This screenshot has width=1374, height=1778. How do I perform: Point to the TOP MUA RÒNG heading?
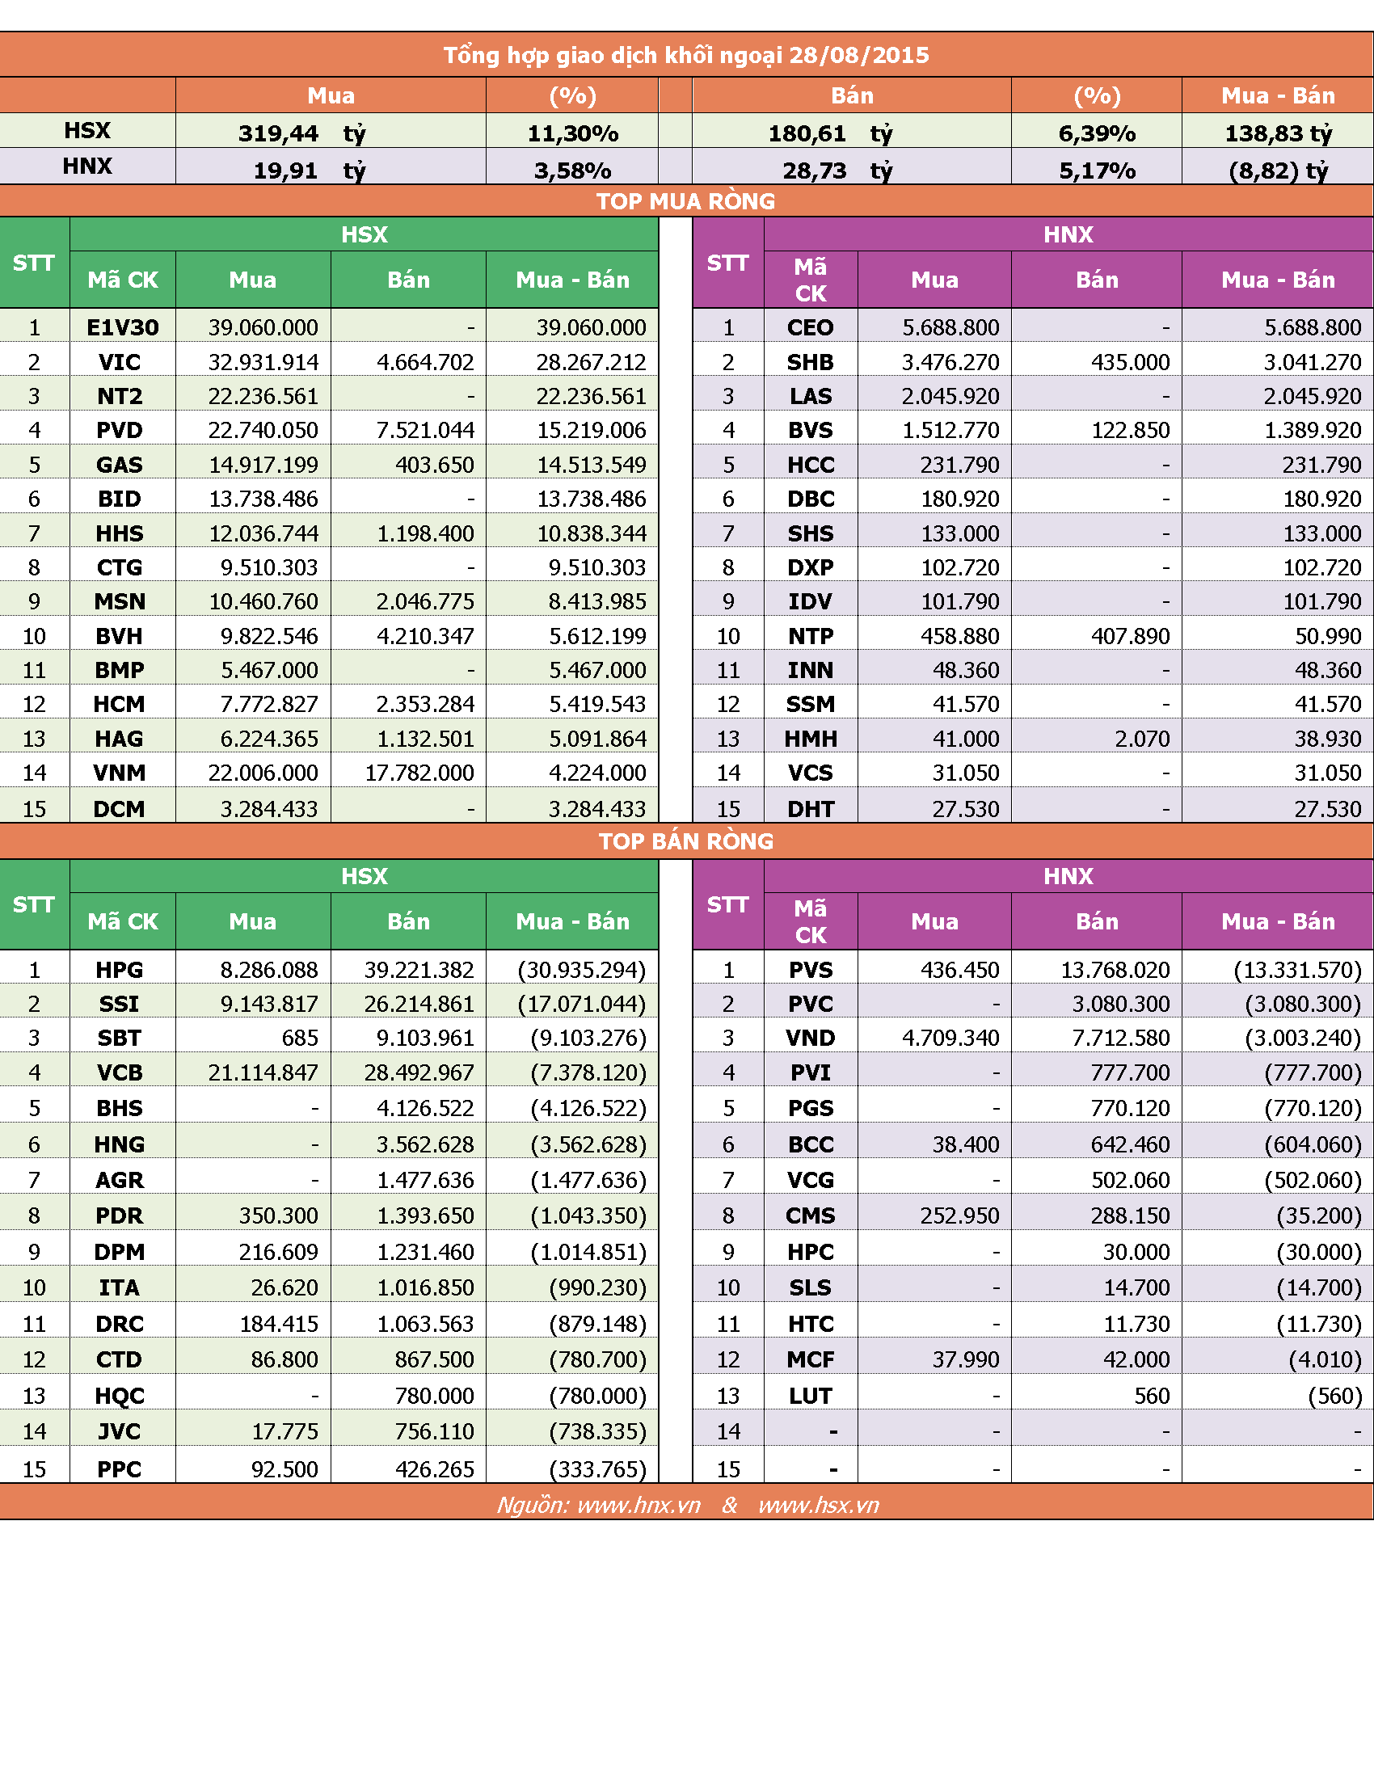pos(685,201)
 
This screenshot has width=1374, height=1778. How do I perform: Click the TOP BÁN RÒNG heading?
pos(686,841)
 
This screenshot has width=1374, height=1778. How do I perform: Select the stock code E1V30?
pos(123,327)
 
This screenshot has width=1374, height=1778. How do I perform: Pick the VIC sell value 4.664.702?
pos(425,362)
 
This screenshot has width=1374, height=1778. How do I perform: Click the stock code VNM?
pos(120,773)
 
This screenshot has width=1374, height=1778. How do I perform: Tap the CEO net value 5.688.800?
pos(1312,327)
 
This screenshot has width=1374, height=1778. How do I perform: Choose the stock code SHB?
pos(810,362)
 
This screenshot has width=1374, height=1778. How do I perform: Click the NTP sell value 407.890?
pos(1130,636)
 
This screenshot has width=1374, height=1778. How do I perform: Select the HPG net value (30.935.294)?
pos(581,970)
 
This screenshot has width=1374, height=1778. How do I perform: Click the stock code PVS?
pos(811,970)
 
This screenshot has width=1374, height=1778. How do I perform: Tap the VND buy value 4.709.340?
pos(950,1038)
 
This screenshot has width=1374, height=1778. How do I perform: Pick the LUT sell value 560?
pos(1152,1397)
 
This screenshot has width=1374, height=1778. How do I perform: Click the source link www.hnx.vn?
pos(639,1506)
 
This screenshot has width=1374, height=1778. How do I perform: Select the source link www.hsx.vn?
pos(819,1506)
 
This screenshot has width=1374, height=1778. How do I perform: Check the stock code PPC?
pos(120,1469)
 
